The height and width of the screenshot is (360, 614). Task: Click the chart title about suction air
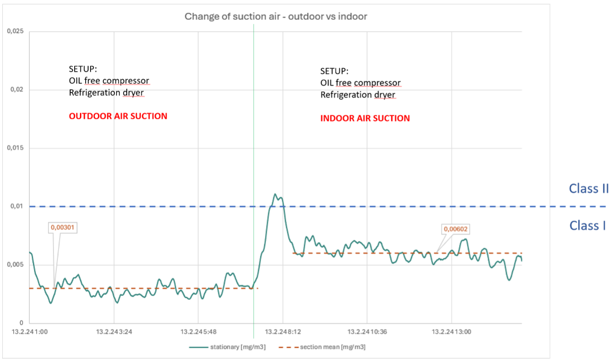click(x=276, y=17)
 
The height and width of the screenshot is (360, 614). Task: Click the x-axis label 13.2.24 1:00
click(x=29, y=332)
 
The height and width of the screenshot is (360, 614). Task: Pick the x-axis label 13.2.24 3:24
click(x=114, y=332)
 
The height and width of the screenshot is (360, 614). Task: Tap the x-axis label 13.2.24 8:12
click(x=282, y=332)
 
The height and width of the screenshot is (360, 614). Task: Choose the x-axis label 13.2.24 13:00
click(x=451, y=332)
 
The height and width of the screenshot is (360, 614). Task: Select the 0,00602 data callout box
click(x=455, y=229)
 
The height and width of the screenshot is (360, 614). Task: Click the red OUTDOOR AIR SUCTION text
click(x=118, y=116)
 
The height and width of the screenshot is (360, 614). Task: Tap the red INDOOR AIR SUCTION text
click(x=365, y=118)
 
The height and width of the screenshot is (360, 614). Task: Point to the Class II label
click(x=589, y=189)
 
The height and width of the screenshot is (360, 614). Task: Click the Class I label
click(x=587, y=225)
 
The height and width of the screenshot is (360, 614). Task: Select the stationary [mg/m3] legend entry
click(x=228, y=347)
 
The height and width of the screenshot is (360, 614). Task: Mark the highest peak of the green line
click(x=275, y=194)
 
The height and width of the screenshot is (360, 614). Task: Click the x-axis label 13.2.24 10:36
click(x=367, y=332)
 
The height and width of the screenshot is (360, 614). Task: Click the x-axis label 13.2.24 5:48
click(x=198, y=332)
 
